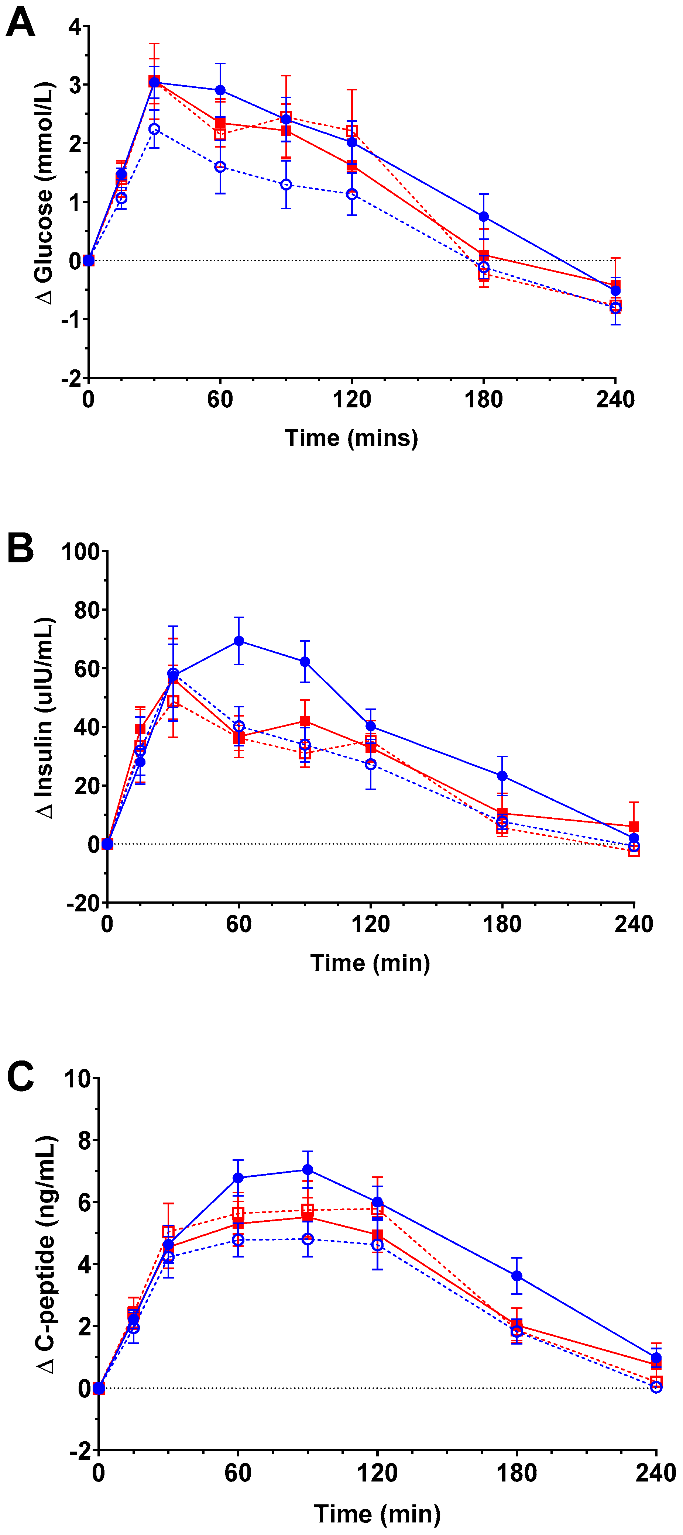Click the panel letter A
coord(20,24)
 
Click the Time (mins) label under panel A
coord(351,438)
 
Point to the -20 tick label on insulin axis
coord(83,903)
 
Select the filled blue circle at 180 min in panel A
coord(484,216)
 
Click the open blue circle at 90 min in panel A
coord(286,185)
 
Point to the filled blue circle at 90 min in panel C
coord(308,1170)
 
